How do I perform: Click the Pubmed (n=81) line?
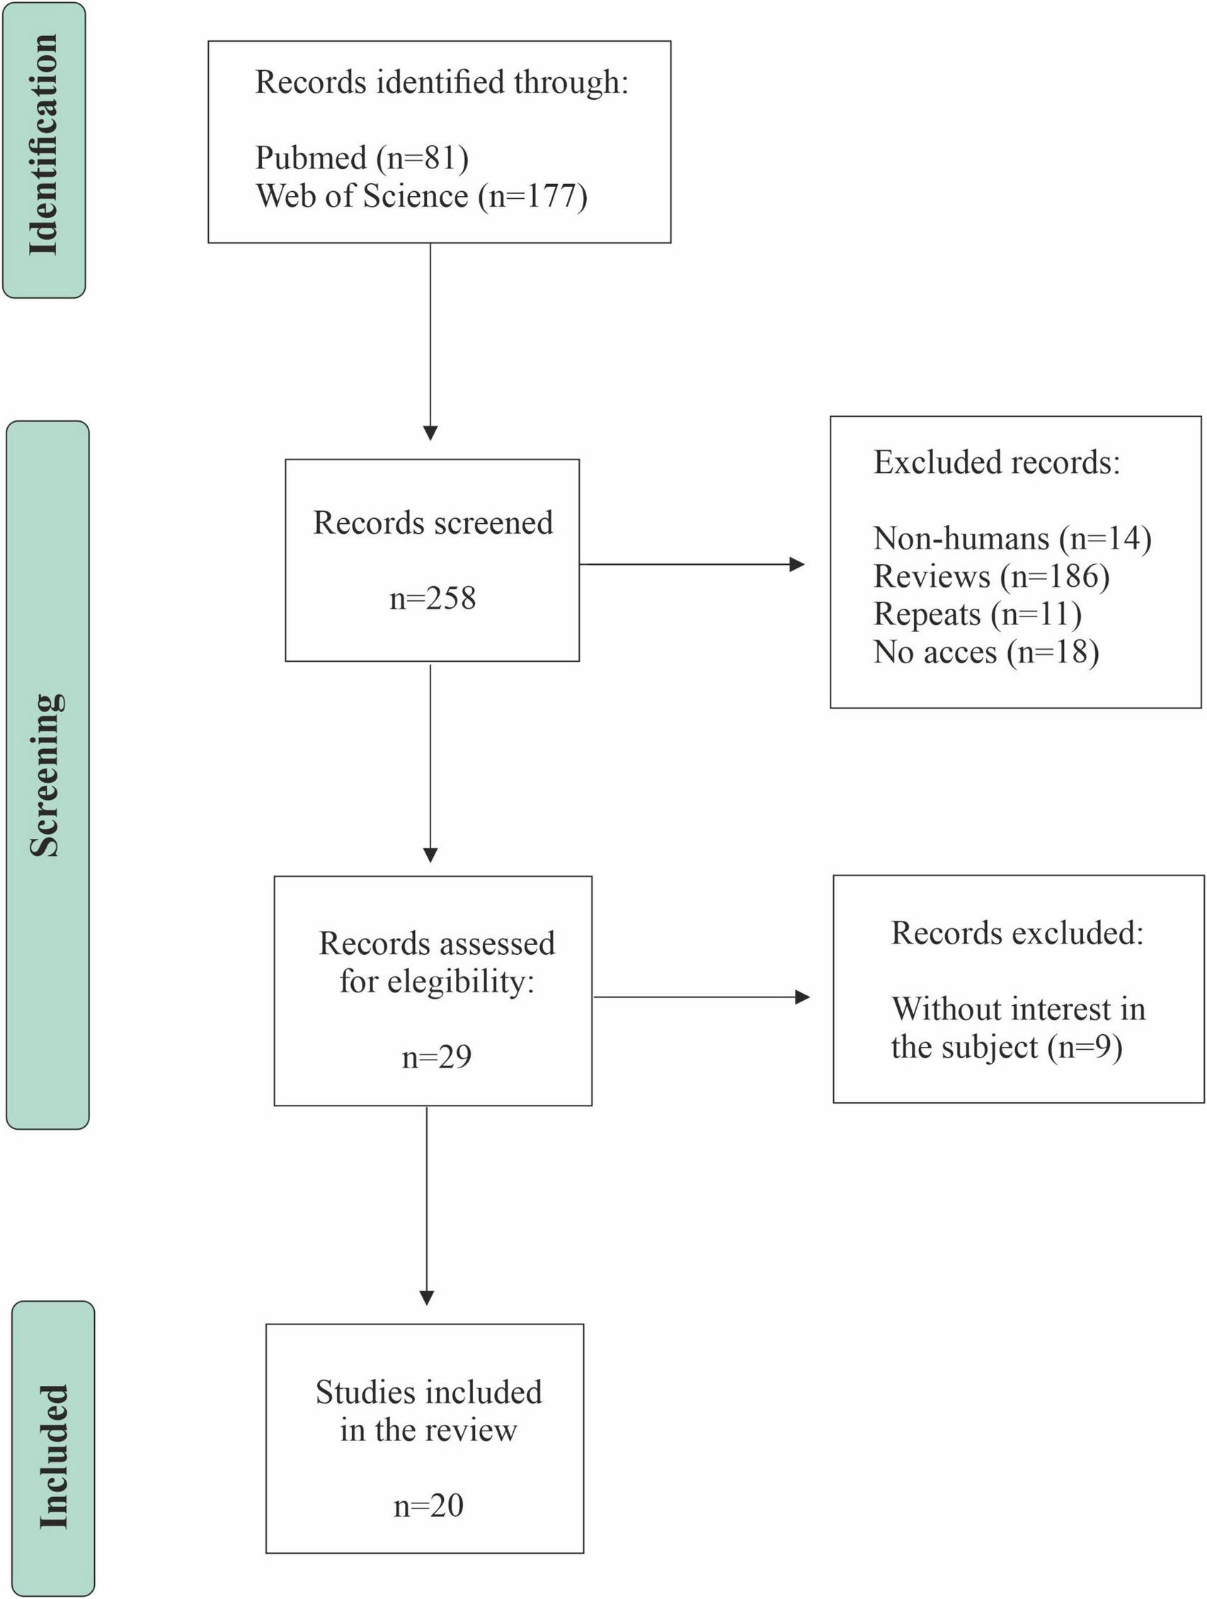[361, 158]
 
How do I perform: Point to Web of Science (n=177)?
[421, 196]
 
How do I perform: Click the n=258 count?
[433, 599]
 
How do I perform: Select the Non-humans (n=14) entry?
[1012, 539]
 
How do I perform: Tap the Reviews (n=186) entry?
[991, 577]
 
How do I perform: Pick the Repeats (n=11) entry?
[977, 614]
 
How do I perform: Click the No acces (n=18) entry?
[986, 652]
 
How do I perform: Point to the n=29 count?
[437, 1057]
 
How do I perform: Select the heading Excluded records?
[997, 463]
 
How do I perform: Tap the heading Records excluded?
[1017, 933]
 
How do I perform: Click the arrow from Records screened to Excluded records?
[692, 565]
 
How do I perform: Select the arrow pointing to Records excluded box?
[701, 997]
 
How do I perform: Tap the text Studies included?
[428, 1392]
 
